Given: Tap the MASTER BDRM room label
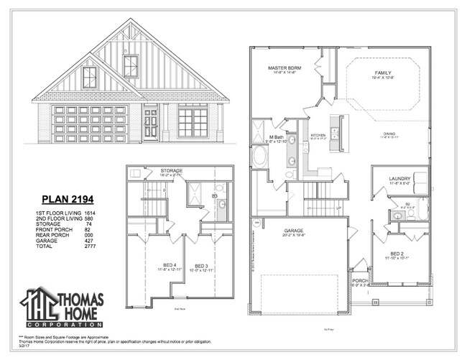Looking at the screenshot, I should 285,68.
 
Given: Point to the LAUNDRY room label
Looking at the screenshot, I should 399,178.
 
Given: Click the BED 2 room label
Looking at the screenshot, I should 397,254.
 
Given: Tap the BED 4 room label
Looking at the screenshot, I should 155,265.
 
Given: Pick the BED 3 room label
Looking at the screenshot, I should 200,265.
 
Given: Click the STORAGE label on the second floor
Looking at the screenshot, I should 171,170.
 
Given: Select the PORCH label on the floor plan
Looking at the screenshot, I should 360,280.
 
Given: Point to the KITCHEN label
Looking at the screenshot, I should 318,134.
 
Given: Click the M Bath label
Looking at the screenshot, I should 277,137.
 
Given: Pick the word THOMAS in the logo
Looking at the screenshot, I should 80,299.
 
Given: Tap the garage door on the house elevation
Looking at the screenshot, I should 90,124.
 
